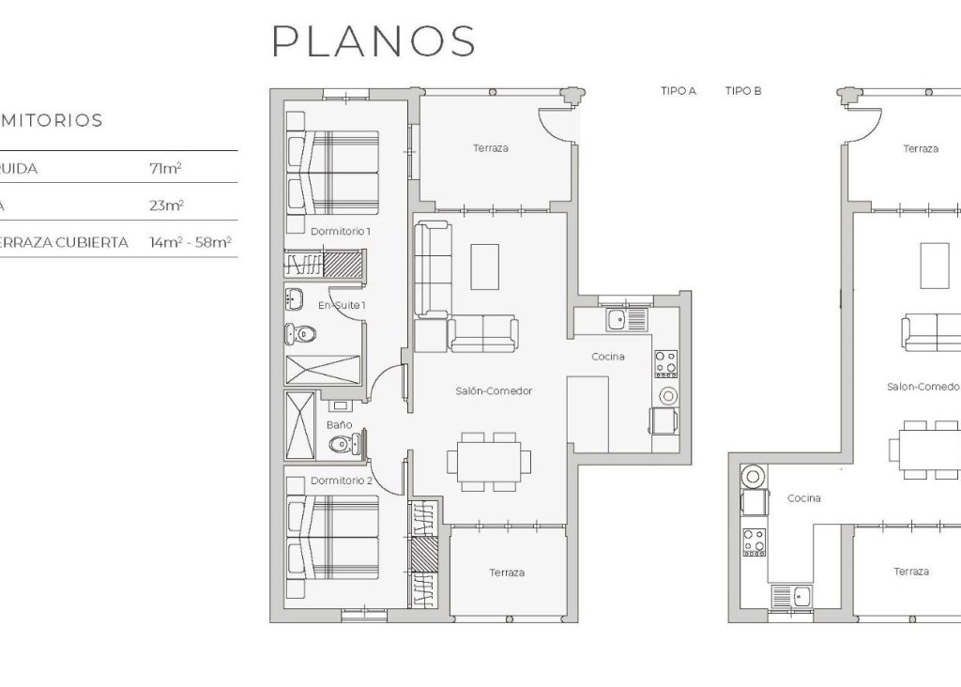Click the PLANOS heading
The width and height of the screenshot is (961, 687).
coord(374,41)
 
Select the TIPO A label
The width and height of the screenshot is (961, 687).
coord(679,91)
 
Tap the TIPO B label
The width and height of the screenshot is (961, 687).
coord(742,91)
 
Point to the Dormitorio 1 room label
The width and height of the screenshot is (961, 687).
coord(341,230)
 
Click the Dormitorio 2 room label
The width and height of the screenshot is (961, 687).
coord(342,481)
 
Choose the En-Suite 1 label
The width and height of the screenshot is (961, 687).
coord(342,305)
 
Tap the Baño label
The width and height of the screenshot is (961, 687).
coord(339,424)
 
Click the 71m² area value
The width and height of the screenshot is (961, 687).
coord(165,169)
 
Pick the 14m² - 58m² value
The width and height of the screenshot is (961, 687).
coord(190,242)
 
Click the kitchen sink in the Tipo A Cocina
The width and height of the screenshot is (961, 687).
coord(618,321)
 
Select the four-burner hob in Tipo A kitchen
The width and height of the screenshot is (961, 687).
coord(665,362)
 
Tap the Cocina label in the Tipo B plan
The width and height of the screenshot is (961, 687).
coord(803,498)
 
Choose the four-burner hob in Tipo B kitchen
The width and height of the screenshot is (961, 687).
coord(754,541)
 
